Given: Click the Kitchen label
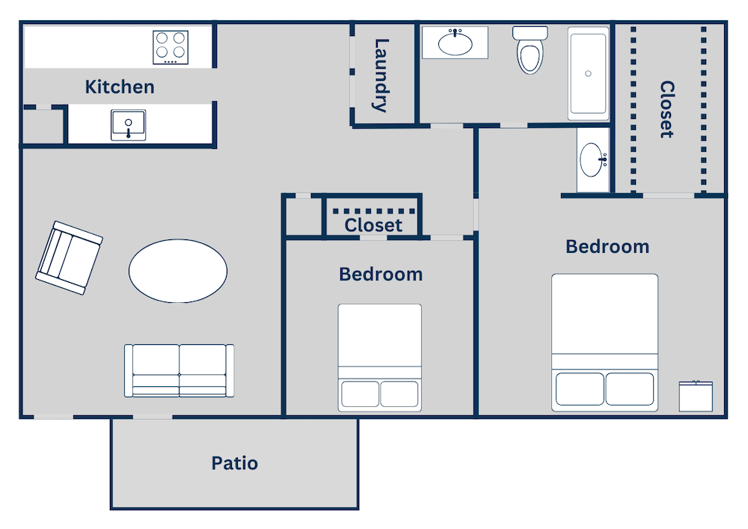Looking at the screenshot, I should [x=120, y=87].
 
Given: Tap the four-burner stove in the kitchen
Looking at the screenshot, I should [x=171, y=47].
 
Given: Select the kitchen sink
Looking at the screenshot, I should [x=129, y=124].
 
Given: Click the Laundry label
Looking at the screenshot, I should [x=381, y=75].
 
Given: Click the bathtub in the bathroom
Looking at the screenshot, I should [x=588, y=73].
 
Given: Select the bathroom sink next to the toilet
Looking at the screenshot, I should [x=455, y=43].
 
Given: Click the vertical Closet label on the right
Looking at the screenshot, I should [x=666, y=109].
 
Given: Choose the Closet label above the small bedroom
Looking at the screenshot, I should [x=373, y=225].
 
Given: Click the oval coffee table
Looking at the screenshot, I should [x=178, y=271].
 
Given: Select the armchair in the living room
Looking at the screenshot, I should [x=69, y=257].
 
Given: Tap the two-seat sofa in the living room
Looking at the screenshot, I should [x=180, y=370].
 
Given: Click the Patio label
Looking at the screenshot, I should [x=234, y=463].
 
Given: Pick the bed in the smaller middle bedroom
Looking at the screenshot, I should [x=379, y=357].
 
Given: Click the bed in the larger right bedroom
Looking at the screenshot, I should [x=604, y=342].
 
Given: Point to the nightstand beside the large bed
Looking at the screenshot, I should [x=696, y=396].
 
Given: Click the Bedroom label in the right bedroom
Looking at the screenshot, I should [x=607, y=246].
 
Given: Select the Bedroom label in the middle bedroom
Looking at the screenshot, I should [x=380, y=275].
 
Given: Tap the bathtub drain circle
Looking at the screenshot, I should [x=588, y=73].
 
